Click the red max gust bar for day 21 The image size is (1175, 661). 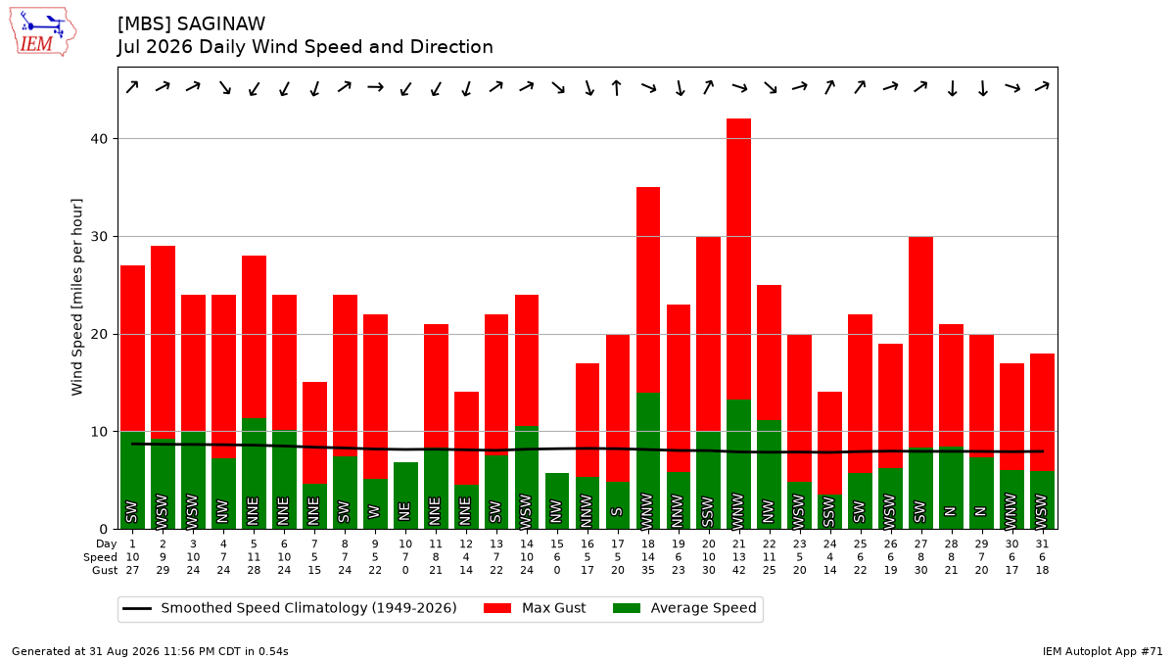[x=738, y=260]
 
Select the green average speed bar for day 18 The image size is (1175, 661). [x=648, y=460]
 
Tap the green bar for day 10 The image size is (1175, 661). [x=405, y=496]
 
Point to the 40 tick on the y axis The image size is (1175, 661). [x=99, y=139]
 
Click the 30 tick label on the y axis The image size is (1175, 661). [x=99, y=237]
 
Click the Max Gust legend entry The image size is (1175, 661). [x=535, y=608]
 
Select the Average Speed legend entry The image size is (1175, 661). [x=684, y=608]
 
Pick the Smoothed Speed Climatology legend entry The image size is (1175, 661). [x=290, y=608]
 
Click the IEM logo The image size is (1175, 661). [x=42, y=31]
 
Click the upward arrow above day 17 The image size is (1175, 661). [x=617, y=87]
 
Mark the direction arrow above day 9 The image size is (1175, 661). [x=375, y=87]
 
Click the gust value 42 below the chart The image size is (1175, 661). [x=738, y=570]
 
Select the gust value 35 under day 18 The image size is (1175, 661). [x=648, y=570]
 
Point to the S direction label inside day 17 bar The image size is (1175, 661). [x=618, y=511]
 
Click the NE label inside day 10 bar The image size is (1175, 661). [x=404, y=511]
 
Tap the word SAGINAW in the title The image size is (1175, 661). [x=221, y=24]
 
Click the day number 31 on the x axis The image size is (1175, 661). [x=1042, y=544]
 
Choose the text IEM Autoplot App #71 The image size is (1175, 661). [x=1103, y=651]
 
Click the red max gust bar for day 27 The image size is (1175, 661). [x=920, y=342]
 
